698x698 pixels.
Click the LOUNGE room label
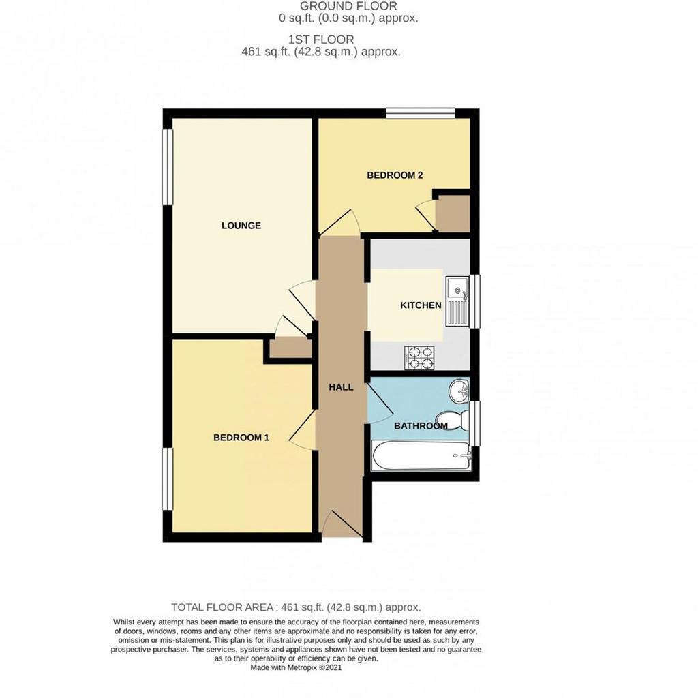click(241, 226)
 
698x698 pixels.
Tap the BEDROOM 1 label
click(241, 438)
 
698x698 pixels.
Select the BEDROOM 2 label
click(395, 175)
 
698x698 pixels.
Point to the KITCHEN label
click(421, 305)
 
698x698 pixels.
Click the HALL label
click(341, 387)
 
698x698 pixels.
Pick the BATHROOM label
click(421, 426)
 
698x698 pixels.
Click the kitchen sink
click(457, 302)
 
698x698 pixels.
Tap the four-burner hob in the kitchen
click(419, 358)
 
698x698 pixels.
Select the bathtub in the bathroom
click(421, 455)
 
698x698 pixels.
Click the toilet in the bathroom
click(453, 420)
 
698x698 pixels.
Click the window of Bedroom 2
click(420, 114)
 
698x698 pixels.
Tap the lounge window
click(168, 167)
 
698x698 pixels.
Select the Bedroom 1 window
click(168, 479)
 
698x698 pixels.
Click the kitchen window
click(475, 302)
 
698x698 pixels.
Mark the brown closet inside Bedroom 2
click(453, 213)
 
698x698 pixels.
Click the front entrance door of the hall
click(342, 524)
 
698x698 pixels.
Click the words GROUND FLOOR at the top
click(348, 6)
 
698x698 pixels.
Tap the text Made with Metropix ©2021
click(296, 668)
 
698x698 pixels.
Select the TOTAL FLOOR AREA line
click(296, 607)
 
